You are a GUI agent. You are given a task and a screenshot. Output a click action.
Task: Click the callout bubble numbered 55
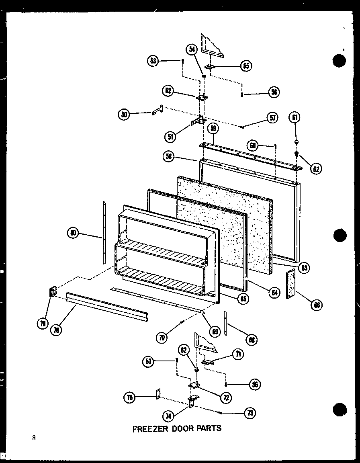click(x=246, y=66)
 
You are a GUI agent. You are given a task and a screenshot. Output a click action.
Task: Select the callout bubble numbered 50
click(x=125, y=114)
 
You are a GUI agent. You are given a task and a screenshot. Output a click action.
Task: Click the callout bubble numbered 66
click(x=317, y=305)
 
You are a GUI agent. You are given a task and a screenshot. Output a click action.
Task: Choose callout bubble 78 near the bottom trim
click(x=57, y=330)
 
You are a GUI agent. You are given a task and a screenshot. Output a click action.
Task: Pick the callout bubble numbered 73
click(x=251, y=413)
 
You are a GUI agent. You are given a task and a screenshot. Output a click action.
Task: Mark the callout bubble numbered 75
click(x=129, y=397)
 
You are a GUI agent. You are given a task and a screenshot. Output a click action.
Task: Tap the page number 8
click(x=35, y=438)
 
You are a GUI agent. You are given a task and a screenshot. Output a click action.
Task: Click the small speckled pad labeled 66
click(x=290, y=284)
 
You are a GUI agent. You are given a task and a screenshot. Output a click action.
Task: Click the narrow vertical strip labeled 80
click(x=104, y=233)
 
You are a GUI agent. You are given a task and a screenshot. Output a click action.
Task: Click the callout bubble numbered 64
click(x=274, y=293)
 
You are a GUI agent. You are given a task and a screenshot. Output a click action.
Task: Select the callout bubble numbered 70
click(x=162, y=338)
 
